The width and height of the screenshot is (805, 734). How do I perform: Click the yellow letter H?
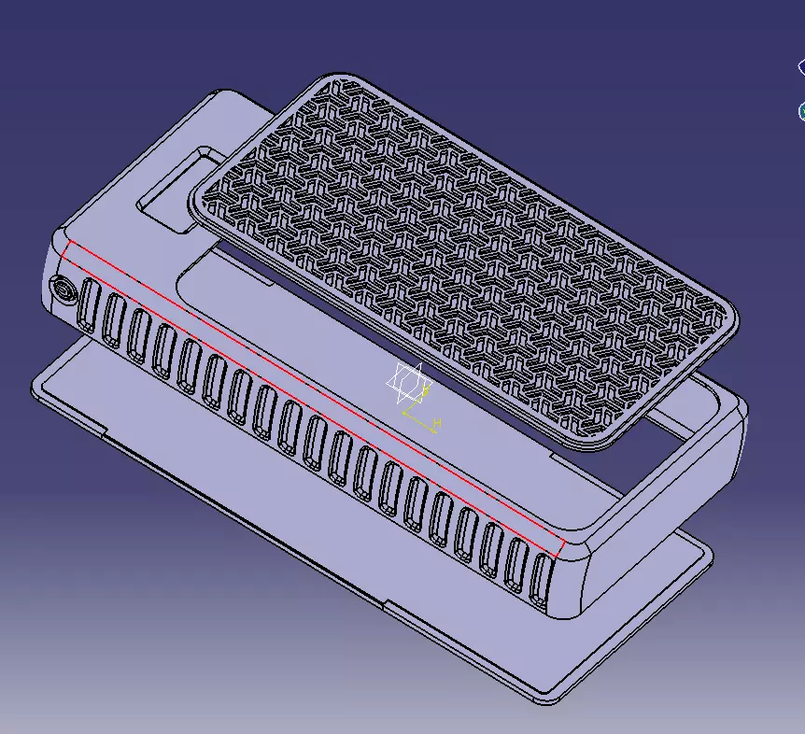click(x=436, y=424)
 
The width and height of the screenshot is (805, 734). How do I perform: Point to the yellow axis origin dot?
click(x=403, y=411)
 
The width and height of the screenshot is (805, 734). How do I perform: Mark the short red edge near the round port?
click(x=67, y=252)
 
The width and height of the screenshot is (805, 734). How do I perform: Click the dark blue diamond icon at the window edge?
click(x=801, y=67)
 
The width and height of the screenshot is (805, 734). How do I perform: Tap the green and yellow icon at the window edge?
click(x=801, y=111)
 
